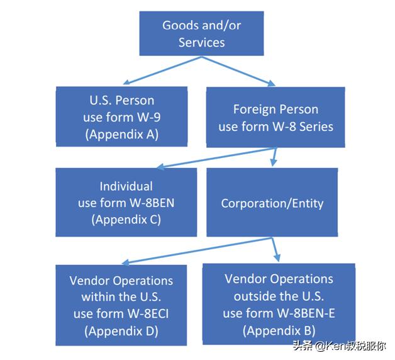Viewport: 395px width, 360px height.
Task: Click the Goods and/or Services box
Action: [201, 33]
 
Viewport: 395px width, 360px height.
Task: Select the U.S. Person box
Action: [121, 116]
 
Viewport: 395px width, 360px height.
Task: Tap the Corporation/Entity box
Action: [272, 203]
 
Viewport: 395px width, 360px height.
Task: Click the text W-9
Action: [148, 117]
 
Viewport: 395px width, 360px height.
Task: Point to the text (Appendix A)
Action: [122, 134]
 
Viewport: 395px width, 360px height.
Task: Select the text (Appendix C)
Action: [126, 220]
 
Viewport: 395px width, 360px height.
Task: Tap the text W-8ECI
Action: [148, 314]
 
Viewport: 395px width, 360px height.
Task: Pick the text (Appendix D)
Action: [121, 331]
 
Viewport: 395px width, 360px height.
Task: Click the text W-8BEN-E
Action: [306, 313]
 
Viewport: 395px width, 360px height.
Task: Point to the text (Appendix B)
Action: [279, 330]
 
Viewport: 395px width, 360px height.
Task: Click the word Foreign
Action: [255, 110]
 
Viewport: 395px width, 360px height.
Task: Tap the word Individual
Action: [126, 186]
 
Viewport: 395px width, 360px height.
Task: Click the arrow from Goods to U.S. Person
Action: [162, 70]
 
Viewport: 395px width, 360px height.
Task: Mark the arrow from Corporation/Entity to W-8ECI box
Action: [197, 251]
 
